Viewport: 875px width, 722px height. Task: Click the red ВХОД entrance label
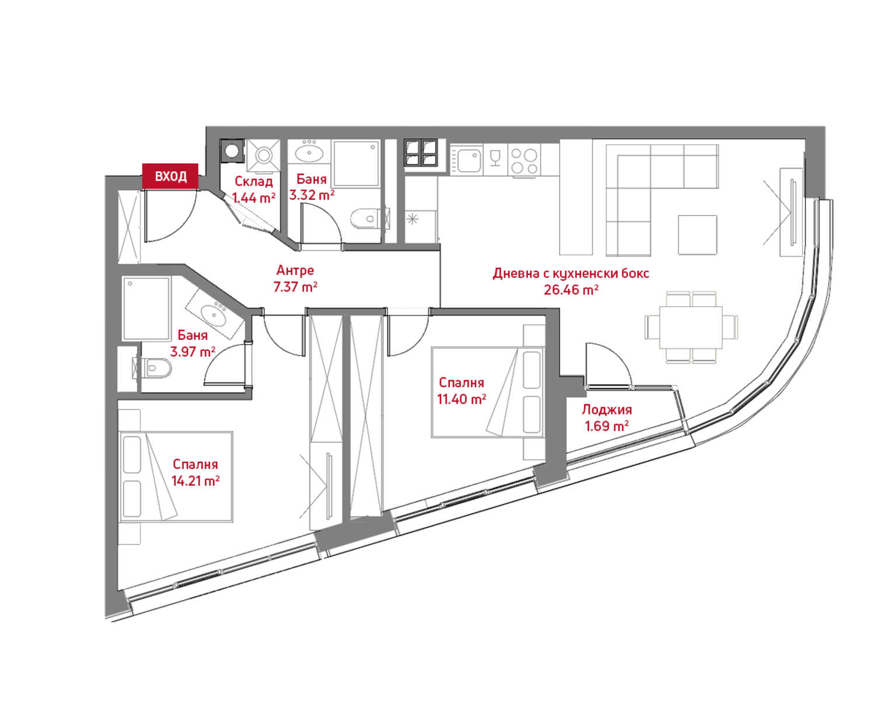(170, 176)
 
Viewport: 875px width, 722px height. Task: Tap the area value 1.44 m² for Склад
(253, 198)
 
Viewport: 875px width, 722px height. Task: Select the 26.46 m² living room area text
(571, 290)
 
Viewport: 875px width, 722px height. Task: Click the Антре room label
(295, 271)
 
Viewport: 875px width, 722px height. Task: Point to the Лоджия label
(607, 410)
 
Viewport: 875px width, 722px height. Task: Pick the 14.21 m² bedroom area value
(195, 481)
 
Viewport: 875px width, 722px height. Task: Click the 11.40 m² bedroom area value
(461, 399)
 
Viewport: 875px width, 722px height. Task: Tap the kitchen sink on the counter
(468, 159)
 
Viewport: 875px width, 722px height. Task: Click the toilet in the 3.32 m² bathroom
(366, 219)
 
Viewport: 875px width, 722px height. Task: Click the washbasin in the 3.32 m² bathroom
(311, 153)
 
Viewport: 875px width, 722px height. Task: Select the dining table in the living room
(691, 327)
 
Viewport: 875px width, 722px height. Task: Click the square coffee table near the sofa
(697, 234)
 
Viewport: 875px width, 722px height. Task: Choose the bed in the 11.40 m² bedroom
(487, 392)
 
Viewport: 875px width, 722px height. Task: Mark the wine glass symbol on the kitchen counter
(495, 157)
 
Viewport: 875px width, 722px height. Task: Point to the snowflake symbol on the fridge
(413, 219)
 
